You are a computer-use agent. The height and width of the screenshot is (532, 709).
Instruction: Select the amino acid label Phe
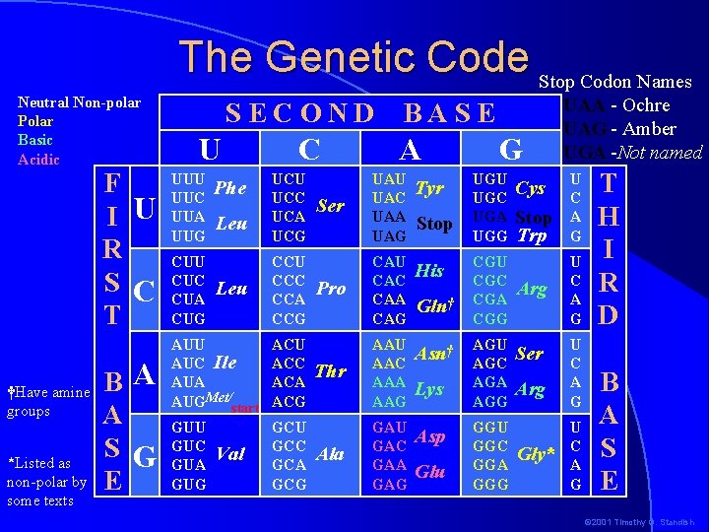tap(229, 187)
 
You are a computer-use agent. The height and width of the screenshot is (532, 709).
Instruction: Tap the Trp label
tap(532, 236)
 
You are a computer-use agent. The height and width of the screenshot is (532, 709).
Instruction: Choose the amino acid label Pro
tap(331, 289)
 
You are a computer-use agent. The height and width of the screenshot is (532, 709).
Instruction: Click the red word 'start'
tap(244, 408)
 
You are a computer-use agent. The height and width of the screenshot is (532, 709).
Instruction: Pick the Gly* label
tap(537, 455)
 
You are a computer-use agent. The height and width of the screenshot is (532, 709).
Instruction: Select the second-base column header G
tap(510, 150)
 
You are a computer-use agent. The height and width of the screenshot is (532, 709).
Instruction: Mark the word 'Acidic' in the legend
tap(39, 159)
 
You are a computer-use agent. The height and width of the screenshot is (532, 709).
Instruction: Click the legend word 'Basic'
tap(35, 140)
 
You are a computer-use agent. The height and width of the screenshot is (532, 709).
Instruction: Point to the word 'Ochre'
tap(642, 105)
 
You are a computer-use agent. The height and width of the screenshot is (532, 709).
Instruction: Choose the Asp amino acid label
tap(430, 436)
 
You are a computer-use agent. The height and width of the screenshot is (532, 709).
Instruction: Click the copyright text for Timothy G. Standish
tap(639, 522)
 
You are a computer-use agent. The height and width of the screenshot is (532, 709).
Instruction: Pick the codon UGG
tap(490, 236)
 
